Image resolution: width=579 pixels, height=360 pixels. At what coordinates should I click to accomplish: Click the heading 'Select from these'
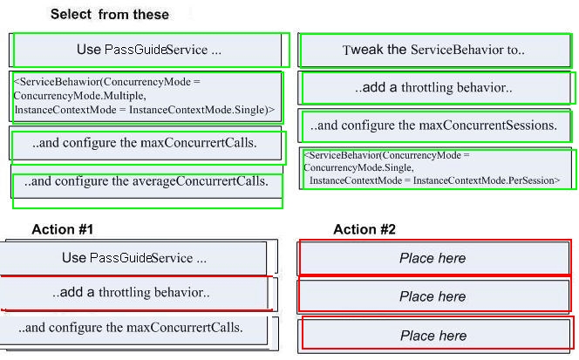coord(110,15)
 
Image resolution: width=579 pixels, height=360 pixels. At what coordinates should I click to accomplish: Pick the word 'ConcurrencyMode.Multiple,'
coord(79,96)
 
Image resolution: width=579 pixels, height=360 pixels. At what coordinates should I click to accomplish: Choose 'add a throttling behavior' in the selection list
coord(435,88)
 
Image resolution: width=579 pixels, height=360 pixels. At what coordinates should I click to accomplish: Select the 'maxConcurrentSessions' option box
coord(436,126)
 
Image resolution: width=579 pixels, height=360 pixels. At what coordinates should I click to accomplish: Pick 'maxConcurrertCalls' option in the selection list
coord(146,143)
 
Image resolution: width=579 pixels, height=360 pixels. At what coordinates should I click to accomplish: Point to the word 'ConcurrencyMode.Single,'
coord(359,167)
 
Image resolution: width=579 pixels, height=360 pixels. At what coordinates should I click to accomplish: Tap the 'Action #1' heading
coord(63,229)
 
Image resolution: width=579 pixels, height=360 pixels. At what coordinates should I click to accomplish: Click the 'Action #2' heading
coord(364,229)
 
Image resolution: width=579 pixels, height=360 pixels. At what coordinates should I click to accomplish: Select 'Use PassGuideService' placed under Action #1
coord(133,258)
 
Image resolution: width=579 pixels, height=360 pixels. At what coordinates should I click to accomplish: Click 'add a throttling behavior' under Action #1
coord(133,293)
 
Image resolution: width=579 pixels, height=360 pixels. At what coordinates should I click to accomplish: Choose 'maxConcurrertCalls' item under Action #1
coord(133,328)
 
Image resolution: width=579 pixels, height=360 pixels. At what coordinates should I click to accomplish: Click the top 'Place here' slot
coord(434,258)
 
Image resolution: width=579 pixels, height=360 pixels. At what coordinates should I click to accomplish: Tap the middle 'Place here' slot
coord(434,296)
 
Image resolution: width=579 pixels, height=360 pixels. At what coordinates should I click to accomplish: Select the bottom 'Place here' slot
coord(436,336)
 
